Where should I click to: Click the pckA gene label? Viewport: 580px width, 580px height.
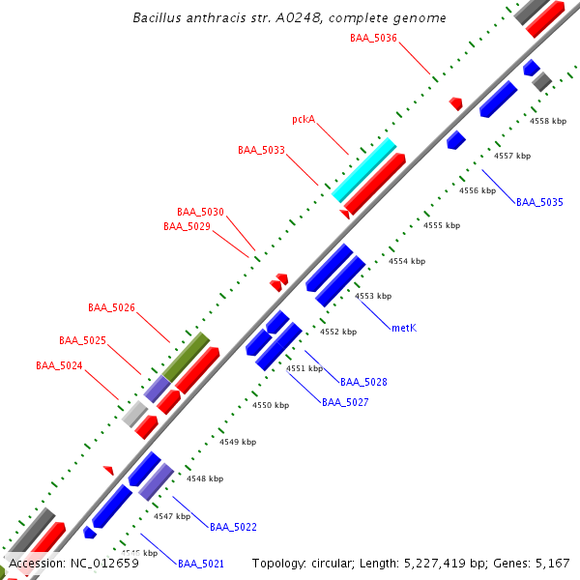click(x=304, y=120)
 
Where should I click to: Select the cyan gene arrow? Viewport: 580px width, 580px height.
click(x=364, y=169)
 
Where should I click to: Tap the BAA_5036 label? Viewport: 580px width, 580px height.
click(x=373, y=38)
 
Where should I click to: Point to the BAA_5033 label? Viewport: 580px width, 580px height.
click(x=261, y=150)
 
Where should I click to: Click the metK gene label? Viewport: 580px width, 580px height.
click(x=404, y=328)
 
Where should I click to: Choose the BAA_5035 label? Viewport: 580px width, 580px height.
click(x=539, y=202)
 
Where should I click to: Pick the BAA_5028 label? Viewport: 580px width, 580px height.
click(x=363, y=382)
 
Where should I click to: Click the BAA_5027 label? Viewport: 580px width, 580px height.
click(x=345, y=401)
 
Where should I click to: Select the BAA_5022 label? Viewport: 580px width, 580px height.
click(x=233, y=527)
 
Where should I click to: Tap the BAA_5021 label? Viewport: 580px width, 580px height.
click(x=201, y=564)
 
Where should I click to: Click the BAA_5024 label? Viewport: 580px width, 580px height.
click(x=59, y=365)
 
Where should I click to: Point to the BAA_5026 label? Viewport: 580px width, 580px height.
click(x=111, y=307)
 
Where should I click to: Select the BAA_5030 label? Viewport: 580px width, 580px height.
click(x=200, y=212)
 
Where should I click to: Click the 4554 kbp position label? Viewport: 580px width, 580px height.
click(x=408, y=261)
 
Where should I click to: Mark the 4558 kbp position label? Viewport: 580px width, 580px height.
click(x=549, y=121)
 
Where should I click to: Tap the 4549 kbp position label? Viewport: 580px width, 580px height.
click(x=238, y=442)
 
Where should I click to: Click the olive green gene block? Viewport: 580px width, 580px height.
click(x=186, y=357)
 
